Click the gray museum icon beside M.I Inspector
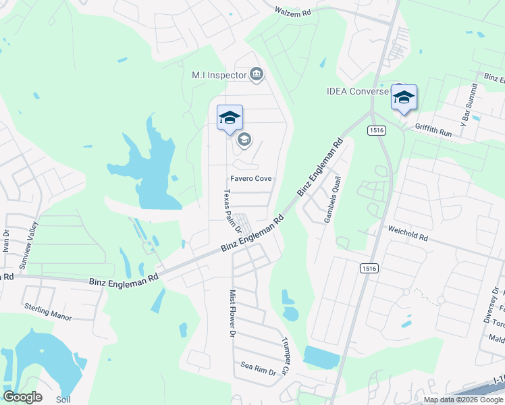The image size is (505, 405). pyautogui.click(x=257, y=74)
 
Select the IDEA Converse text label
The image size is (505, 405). pyautogui.click(x=358, y=91)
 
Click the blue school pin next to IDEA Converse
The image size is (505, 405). pyautogui.click(x=404, y=98)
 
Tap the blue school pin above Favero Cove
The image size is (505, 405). pyautogui.click(x=229, y=118)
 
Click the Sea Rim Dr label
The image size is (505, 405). pyautogui.click(x=259, y=369)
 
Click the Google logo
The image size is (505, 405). pyautogui.click(x=22, y=397)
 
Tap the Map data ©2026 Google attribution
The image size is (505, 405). pyautogui.click(x=463, y=400)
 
